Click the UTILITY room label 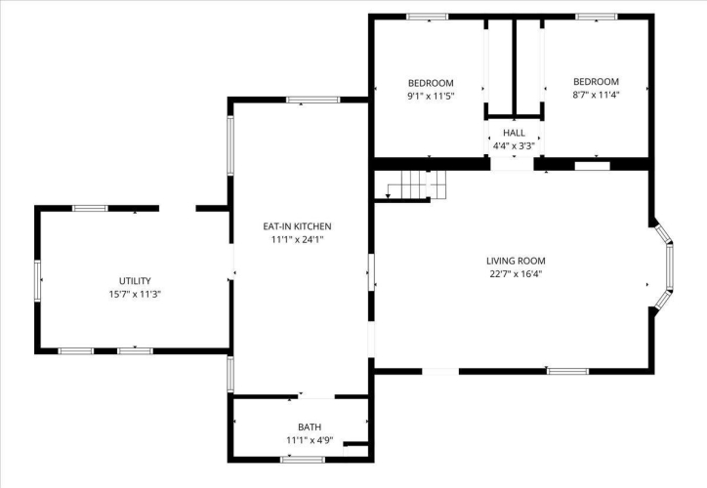coord(135,281)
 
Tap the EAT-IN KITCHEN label coord(297,226)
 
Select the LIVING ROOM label coord(516,261)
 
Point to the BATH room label coord(310,427)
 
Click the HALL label coord(514,133)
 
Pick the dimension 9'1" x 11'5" coord(431,96)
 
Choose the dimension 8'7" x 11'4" coord(596,95)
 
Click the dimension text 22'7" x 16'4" coord(516,273)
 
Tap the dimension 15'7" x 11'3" coord(135,294)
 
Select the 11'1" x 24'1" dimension coord(297,239)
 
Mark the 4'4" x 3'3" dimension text coord(514,146)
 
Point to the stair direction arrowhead coord(388,196)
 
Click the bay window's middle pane coord(670,266)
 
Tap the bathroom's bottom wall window coord(303,460)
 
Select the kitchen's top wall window coord(312,100)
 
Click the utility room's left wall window coord(38,281)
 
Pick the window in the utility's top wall coord(90,208)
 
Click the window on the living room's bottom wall coord(567,371)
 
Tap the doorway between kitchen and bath coord(316,396)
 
